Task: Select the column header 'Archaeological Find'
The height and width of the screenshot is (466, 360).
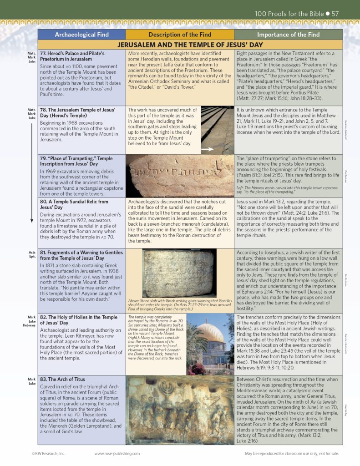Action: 81,35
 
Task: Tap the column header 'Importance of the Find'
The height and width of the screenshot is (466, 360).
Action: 288,35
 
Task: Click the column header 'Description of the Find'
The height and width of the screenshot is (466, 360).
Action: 180,35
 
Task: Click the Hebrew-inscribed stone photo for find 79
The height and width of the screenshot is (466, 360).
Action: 180,176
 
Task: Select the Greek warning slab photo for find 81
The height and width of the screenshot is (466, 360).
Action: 180,273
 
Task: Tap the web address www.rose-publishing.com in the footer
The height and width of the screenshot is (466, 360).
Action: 117,454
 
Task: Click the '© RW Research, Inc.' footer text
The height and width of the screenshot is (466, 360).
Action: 49,454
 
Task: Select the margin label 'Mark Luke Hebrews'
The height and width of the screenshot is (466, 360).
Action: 31,321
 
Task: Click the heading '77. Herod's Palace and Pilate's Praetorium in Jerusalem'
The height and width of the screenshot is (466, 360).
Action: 72,56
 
